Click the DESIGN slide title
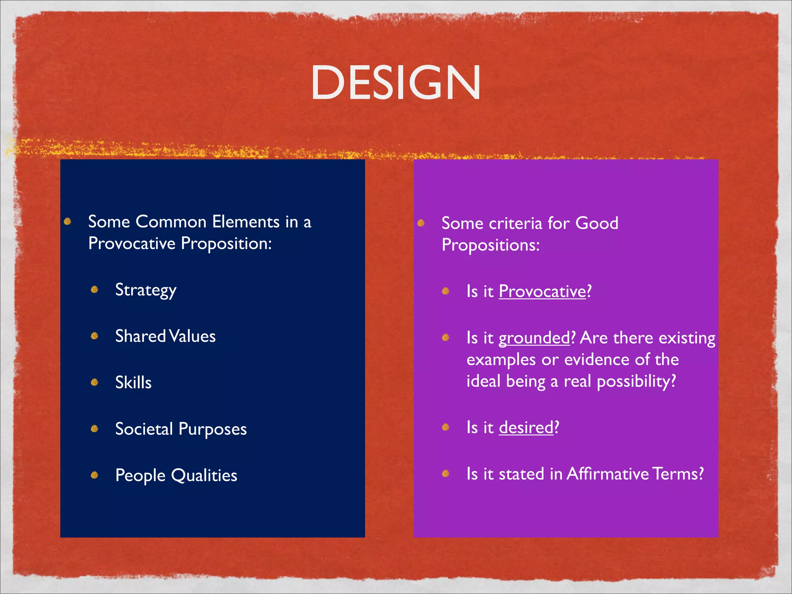click(x=396, y=82)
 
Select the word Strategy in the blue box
click(x=146, y=290)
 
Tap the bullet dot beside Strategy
click(x=94, y=290)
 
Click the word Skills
click(x=133, y=382)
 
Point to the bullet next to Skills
click(x=94, y=382)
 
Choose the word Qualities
click(x=204, y=475)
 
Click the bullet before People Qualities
click(x=94, y=475)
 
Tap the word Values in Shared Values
click(x=192, y=336)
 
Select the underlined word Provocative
click(x=542, y=291)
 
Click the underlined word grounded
click(x=534, y=338)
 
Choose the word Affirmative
click(x=608, y=474)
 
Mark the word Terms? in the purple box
click(x=678, y=474)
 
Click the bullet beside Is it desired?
click(x=445, y=427)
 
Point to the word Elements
click(x=246, y=222)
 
